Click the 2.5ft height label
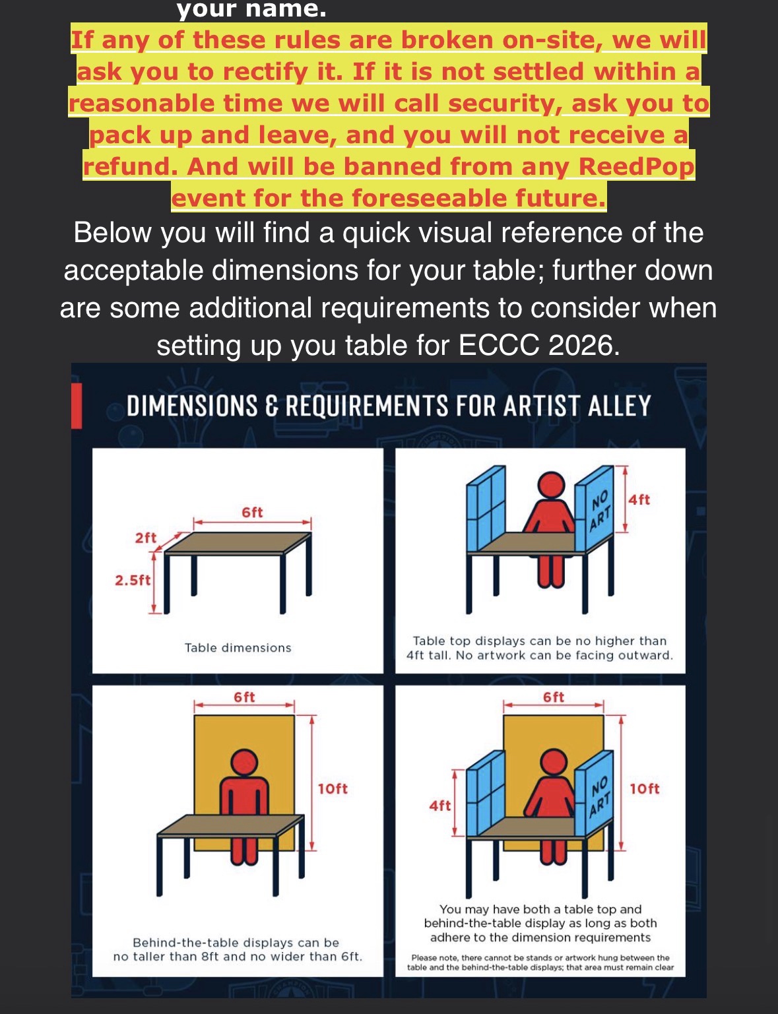click(133, 580)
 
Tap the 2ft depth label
click(146, 538)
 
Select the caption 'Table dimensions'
click(238, 648)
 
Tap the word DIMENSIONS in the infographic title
click(192, 406)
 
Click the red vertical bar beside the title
click(77, 406)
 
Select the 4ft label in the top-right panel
click(639, 500)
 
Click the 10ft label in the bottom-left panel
click(333, 788)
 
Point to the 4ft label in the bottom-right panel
click(440, 806)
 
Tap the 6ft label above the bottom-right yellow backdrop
click(554, 697)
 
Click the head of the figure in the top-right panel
click(552, 486)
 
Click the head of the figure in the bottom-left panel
click(244, 763)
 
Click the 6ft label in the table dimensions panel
click(252, 513)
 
